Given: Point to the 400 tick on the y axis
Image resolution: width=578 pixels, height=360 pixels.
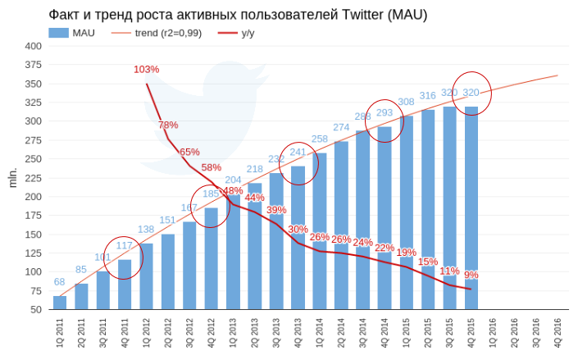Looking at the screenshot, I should pos(34,46).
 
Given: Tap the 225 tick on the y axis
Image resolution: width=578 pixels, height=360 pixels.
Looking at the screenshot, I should pos(34,178).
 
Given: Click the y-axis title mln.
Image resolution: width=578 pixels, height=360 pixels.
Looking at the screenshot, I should pos(12,177).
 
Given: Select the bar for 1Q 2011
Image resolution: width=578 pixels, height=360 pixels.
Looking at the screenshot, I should pos(60,303).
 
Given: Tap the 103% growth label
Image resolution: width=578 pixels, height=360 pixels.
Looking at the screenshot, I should pos(146,70).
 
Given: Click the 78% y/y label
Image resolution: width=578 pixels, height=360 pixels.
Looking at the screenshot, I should pos(168,125).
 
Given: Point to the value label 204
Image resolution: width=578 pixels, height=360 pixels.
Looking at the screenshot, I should pos(234,180).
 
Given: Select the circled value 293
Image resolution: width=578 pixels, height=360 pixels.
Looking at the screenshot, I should pos(385,112).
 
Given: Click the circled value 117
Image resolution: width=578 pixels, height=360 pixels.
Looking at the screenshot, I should pos(125,245).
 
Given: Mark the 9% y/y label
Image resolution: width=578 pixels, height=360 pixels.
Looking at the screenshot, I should pos(471,275).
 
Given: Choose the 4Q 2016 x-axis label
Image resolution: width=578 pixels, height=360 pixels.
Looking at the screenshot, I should pos(558,333).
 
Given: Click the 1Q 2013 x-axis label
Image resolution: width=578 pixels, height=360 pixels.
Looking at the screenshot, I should pos(233,333).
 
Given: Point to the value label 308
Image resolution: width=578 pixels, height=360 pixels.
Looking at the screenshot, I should pos(406,103).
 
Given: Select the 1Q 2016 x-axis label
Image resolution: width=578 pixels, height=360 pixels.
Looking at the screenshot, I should pos(493,333).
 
